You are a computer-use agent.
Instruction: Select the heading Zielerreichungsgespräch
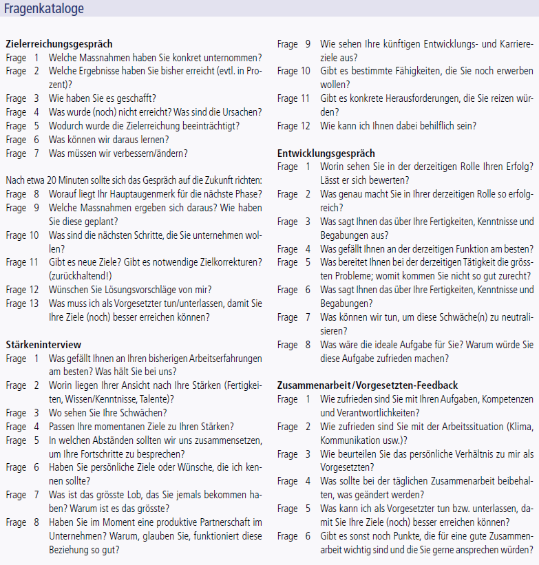(x=59, y=45)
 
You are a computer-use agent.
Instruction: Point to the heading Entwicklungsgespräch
(x=326, y=153)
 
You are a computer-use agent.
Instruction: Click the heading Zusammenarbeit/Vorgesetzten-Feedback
(x=368, y=385)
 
